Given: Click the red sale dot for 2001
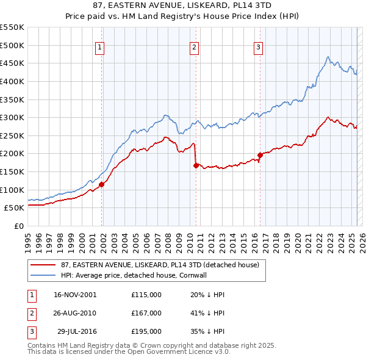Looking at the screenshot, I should tap(102, 184).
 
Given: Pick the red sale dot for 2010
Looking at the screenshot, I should tap(196, 165).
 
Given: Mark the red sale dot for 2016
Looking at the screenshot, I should tap(260, 155).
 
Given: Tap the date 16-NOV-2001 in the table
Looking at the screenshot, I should tap(75, 295).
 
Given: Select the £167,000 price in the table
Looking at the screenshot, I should tap(146, 313).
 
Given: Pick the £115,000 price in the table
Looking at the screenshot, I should tap(146, 295).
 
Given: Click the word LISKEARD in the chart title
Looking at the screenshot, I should tap(220, 5).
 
